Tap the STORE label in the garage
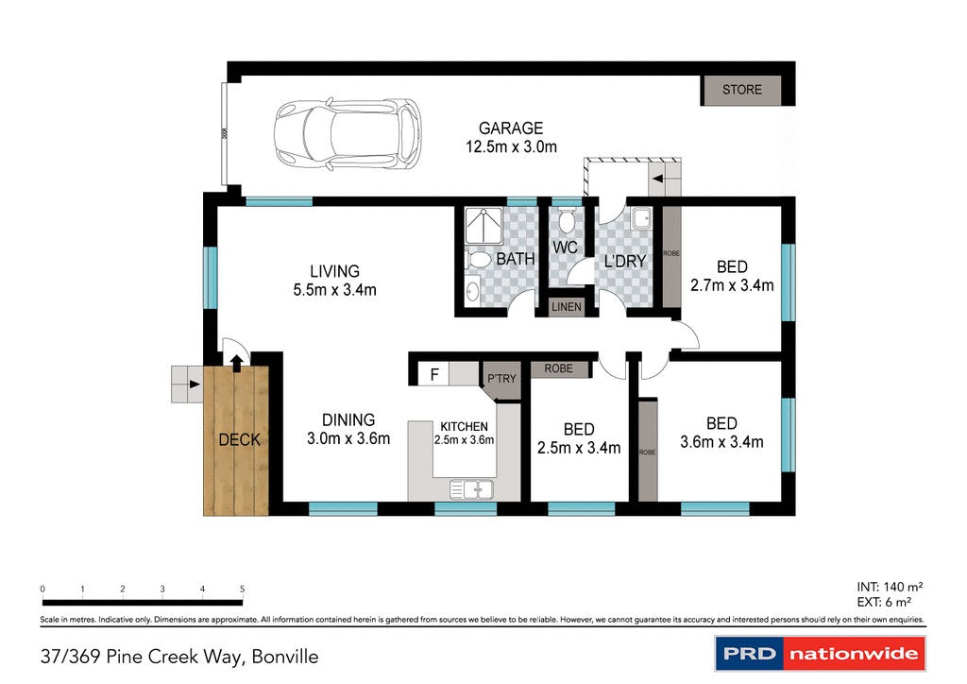(741, 90)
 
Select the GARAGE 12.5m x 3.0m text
(511, 137)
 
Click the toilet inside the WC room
(565, 222)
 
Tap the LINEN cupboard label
(566, 307)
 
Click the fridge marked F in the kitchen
(434, 374)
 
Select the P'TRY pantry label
(501, 379)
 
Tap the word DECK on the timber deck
(239, 439)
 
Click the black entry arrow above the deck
(235, 359)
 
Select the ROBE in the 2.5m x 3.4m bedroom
(558, 368)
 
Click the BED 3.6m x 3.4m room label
(721, 433)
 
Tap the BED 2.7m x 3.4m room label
(732, 276)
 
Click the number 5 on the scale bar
(243, 589)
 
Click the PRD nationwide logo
(818, 654)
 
